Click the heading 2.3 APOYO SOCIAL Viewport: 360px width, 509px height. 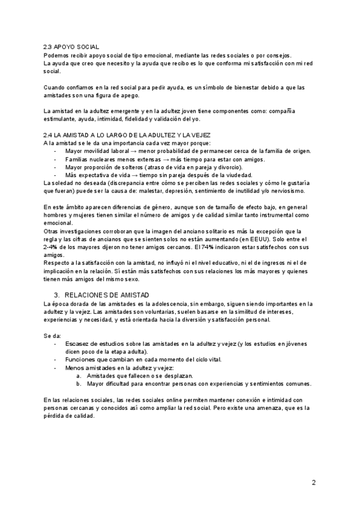pyautogui.click(x=72, y=47)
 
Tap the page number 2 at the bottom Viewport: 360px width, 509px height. pyautogui.click(x=313, y=482)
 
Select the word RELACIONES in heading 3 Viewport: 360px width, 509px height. pyautogui.click(x=88, y=295)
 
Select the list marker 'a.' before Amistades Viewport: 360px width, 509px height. pyautogui.click(x=80, y=375)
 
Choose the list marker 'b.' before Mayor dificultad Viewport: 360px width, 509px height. pyautogui.click(x=80, y=382)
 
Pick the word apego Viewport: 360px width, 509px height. pyautogui.click(x=126, y=95)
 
